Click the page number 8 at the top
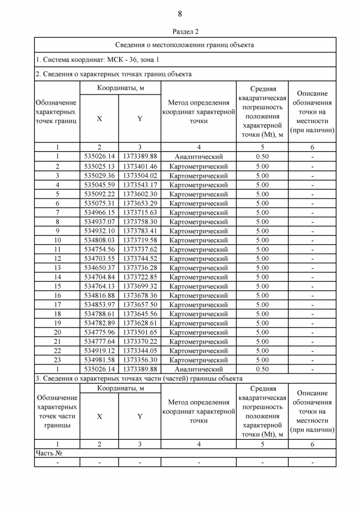pos(180,13)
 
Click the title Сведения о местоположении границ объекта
pos(184,44)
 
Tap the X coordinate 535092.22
pos(99,194)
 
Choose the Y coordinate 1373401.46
pos(140,166)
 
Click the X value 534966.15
pos(99,213)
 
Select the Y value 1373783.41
pos(140,231)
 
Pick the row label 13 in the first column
pos(57,268)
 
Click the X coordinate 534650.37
pos(99,268)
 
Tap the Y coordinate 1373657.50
pos(140,305)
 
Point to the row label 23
pos(57,360)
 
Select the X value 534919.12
pos(99,351)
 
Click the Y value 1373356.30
pos(140,360)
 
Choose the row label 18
pos(57,314)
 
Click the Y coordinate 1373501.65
pos(140,332)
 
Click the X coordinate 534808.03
pos(99,240)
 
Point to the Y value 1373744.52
pos(140,259)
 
